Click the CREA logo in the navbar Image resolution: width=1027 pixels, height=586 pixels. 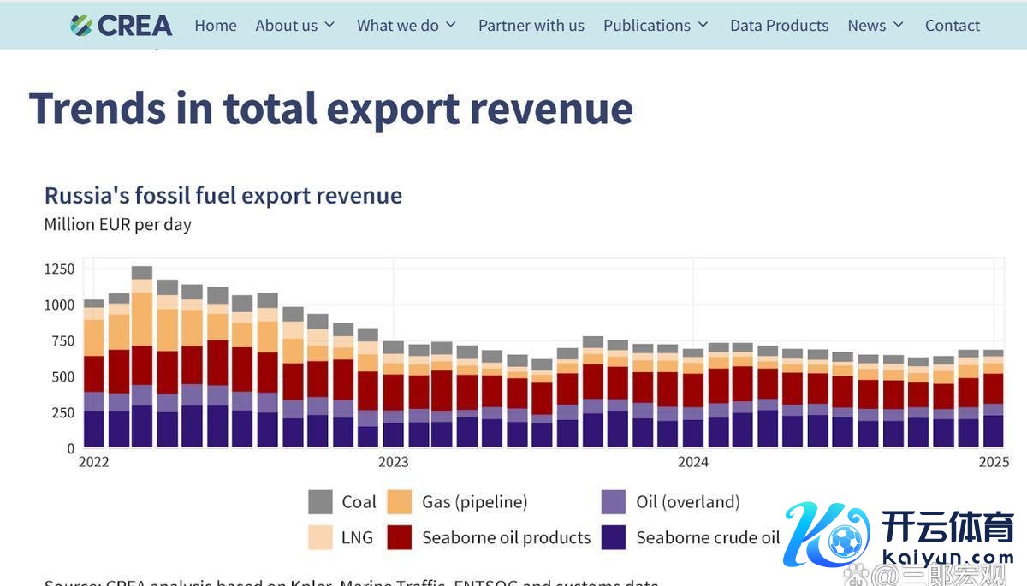(x=122, y=26)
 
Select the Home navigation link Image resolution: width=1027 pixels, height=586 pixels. (x=216, y=26)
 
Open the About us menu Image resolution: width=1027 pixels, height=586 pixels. (x=294, y=26)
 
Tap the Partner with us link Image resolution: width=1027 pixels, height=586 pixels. (x=531, y=26)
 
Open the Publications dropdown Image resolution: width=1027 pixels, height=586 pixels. (x=656, y=26)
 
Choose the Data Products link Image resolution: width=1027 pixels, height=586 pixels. (x=779, y=26)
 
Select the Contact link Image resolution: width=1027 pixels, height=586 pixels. (x=953, y=26)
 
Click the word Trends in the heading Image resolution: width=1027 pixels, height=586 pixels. (x=98, y=109)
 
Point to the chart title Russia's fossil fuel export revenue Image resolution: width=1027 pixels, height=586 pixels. (x=223, y=196)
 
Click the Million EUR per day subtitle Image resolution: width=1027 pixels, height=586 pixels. (x=118, y=225)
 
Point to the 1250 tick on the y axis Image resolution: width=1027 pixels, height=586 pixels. (x=59, y=269)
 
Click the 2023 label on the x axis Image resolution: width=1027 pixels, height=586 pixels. (x=394, y=463)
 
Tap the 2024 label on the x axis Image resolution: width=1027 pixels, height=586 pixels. (x=693, y=463)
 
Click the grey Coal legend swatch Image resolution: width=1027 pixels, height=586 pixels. (x=320, y=502)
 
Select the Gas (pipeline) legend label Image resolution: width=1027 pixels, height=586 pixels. (x=474, y=502)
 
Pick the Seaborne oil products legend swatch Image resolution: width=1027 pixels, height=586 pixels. (x=401, y=538)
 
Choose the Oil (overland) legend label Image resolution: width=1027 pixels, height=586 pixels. (x=687, y=502)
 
